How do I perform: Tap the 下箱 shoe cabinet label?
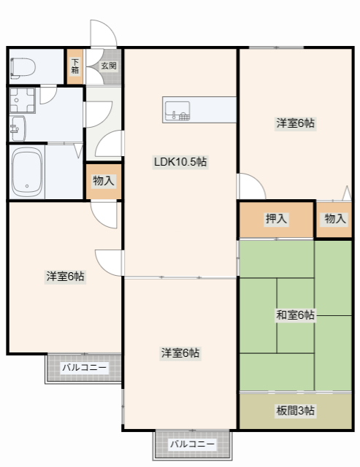tap(75, 66)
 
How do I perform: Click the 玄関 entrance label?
tap(108, 66)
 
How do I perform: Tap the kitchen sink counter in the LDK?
tap(199, 110)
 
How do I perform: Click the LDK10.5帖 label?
tap(180, 162)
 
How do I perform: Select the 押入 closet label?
tap(276, 218)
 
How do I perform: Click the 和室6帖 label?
tap(295, 315)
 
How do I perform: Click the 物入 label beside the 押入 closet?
tap(335, 218)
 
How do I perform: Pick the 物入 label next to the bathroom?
tap(104, 180)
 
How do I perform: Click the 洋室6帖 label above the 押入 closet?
tap(295, 123)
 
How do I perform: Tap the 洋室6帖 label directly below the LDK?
tap(180, 353)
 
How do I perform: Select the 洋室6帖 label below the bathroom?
tap(66, 277)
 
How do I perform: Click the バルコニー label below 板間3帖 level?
tap(193, 444)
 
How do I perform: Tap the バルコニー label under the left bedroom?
tap(85, 368)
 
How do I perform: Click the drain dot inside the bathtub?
tap(27, 185)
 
